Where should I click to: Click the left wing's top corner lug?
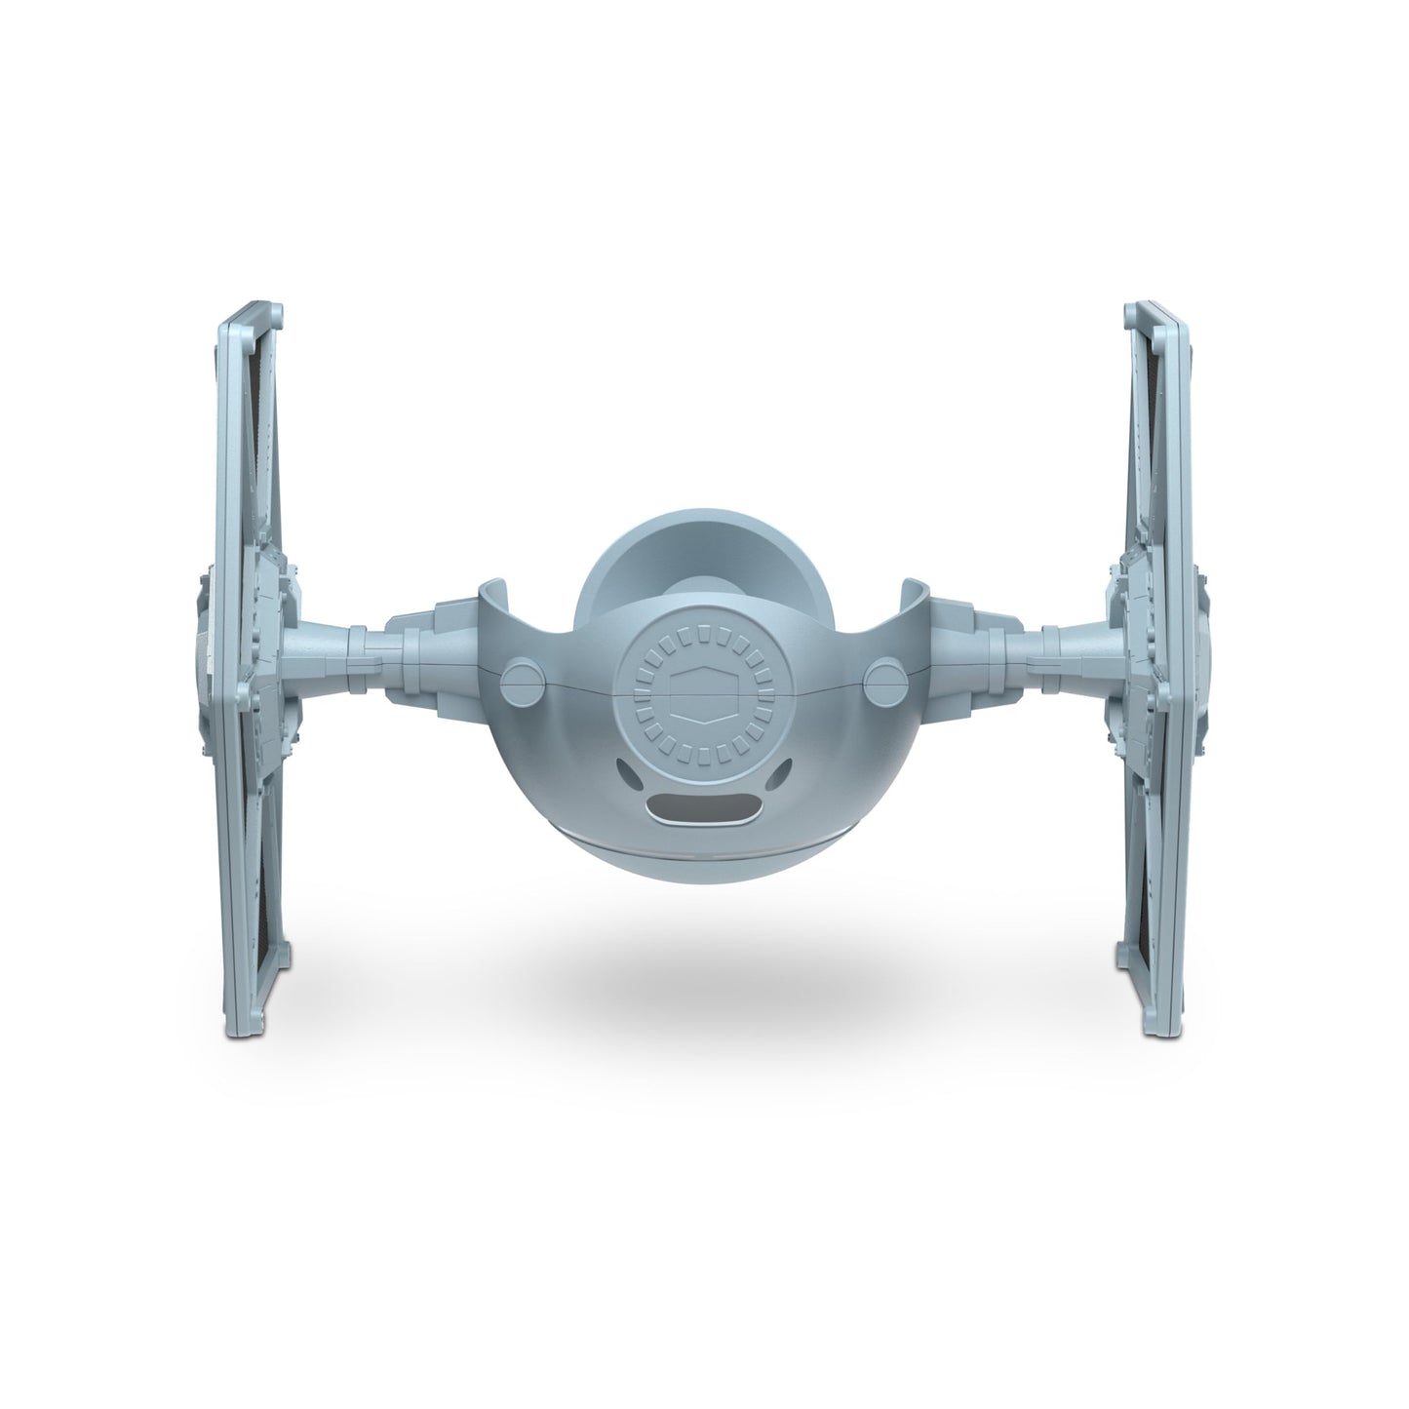tap(278, 315)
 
